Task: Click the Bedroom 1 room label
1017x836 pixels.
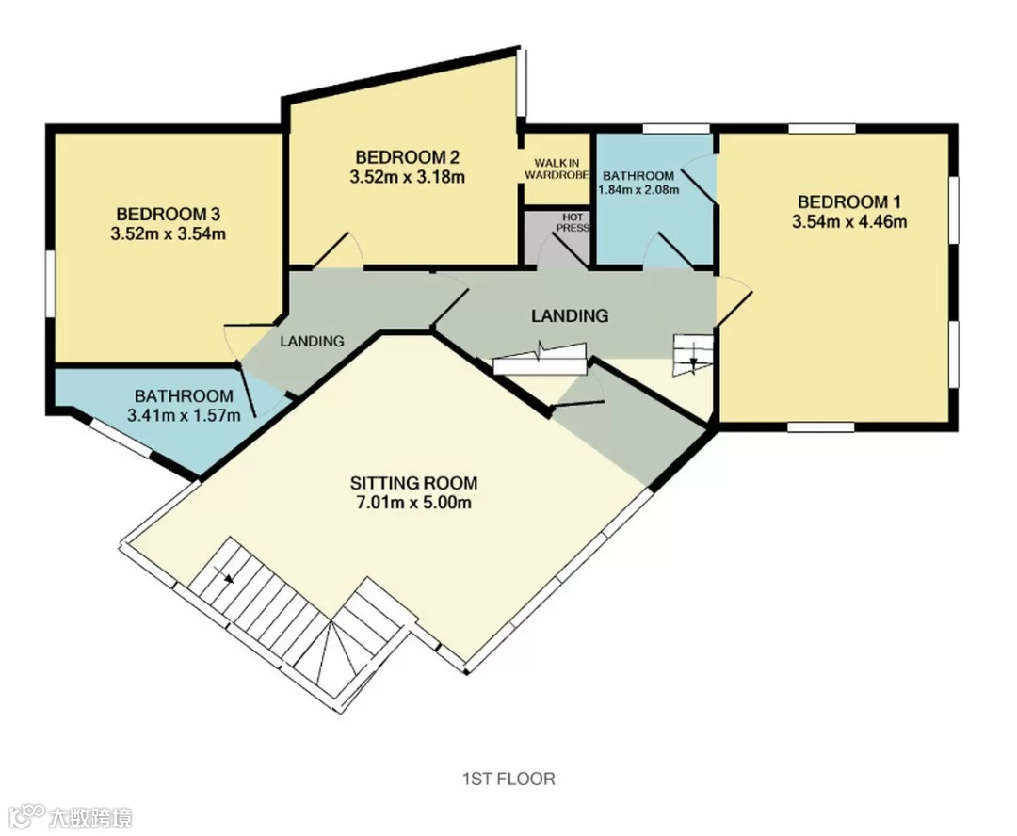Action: click(848, 201)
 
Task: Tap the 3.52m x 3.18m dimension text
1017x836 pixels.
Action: click(408, 177)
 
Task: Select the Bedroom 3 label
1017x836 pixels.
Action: click(168, 214)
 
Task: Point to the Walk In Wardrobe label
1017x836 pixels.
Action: click(557, 169)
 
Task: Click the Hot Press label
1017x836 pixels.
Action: click(573, 222)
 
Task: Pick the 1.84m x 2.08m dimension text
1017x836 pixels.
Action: click(638, 190)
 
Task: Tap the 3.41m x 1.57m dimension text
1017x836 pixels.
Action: click(184, 416)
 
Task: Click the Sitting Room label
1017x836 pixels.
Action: click(413, 483)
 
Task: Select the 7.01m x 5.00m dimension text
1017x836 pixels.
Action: click(413, 503)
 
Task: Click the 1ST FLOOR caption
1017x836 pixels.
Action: click(508, 779)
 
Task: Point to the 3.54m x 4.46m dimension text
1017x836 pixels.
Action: click(849, 222)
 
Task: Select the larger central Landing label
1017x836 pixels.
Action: click(570, 315)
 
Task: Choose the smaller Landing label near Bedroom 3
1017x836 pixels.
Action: click(312, 341)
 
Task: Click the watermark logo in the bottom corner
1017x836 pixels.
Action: click(71, 817)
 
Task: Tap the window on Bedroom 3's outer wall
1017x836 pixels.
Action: click(50, 284)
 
